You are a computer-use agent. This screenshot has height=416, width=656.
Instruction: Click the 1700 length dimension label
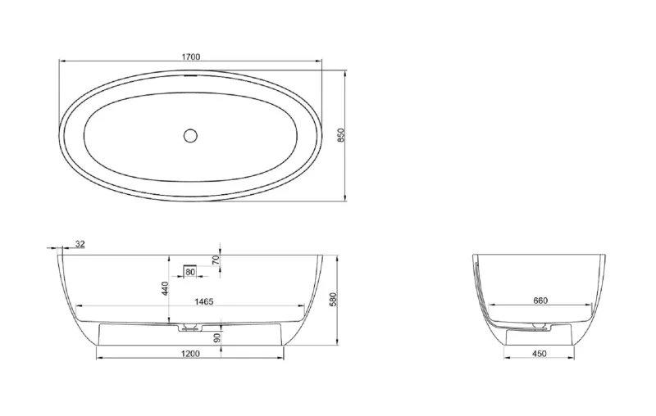click(x=190, y=57)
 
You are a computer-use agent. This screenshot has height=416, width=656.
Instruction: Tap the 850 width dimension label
click(x=341, y=135)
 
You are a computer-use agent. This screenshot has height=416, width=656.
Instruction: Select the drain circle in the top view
click(x=190, y=135)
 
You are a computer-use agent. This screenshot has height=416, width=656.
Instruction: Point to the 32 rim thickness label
click(x=80, y=244)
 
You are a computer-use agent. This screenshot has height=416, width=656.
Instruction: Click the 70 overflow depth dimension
click(x=216, y=260)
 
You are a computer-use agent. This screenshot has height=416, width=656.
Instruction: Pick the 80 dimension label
click(x=190, y=273)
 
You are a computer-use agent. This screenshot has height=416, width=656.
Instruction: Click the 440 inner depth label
click(x=165, y=288)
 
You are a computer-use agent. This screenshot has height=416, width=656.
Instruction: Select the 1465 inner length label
click(x=203, y=301)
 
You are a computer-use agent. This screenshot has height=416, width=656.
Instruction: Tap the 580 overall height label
click(x=333, y=300)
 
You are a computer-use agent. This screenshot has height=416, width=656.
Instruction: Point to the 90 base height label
click(x=216, y=337)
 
